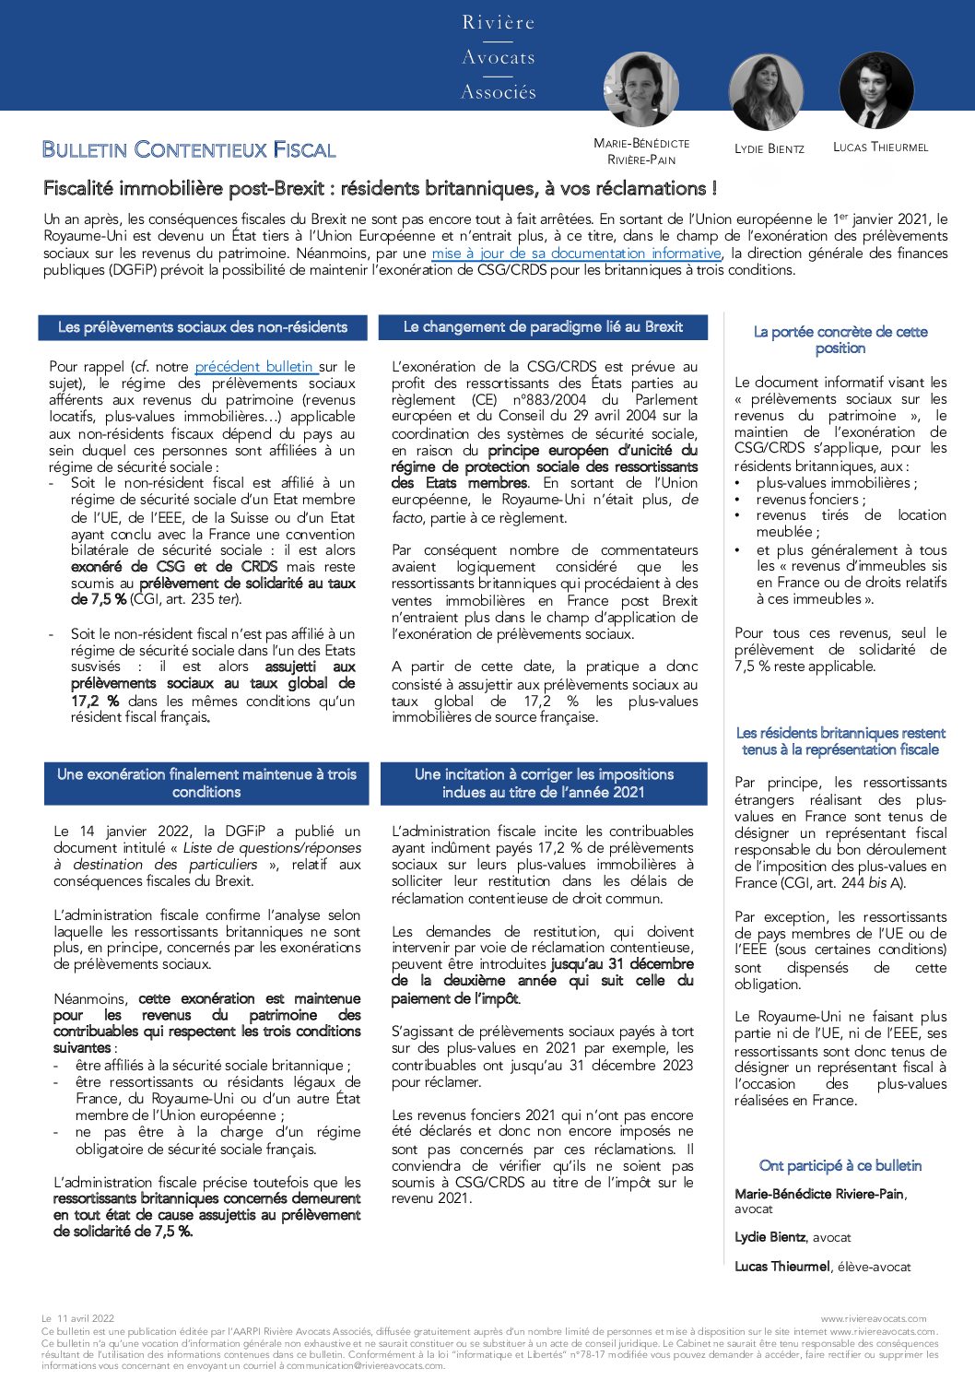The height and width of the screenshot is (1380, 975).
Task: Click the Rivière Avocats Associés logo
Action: (x=499, y=57)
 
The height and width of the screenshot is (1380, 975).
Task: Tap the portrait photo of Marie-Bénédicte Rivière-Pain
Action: (x=641, y=90)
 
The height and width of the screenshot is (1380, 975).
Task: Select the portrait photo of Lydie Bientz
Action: (x=766, y=92)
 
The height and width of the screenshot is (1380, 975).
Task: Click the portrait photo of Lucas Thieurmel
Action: (x=876, y=90)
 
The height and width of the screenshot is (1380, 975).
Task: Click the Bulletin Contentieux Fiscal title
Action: (x=189, y=149)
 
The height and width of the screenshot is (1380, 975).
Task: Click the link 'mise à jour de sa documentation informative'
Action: (x=576, y=253)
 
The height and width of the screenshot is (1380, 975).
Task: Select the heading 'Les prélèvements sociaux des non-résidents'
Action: (x=203, y=327)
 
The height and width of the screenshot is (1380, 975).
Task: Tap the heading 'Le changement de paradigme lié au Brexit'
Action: (x=543, y=327)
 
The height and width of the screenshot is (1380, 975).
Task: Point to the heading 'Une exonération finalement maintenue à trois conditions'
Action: (x=206, y=783)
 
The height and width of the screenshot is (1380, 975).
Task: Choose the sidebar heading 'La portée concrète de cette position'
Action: (x=840, y=339)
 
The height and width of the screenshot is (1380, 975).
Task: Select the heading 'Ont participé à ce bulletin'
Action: (x=840, y=1165)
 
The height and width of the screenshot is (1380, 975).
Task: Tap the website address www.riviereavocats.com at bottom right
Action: (x=874, y=1318)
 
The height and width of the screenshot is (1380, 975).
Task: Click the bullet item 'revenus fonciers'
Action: (x=810, y=499)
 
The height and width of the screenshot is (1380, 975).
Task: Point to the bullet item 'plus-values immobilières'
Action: (x=836, y=482)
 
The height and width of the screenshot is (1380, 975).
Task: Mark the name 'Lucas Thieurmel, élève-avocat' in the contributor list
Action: (x=822, y=1267)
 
